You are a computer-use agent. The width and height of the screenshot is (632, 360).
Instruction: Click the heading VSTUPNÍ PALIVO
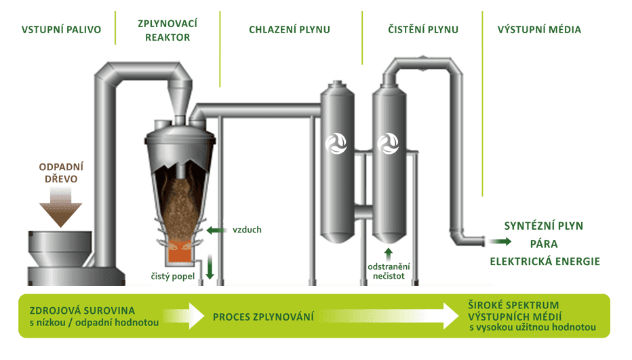point(61,30)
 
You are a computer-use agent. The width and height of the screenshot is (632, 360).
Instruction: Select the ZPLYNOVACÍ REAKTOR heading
point(167,30)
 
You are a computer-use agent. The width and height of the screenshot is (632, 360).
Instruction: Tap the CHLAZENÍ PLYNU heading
point(290,30)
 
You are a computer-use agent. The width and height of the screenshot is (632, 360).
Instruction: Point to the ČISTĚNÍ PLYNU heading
point(423,30)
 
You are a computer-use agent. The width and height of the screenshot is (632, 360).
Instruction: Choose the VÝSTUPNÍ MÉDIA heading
point(539,30)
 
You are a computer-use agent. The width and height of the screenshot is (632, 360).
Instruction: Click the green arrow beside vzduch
point(216,230)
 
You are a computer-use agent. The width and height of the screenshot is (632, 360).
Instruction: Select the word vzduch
point(247,230)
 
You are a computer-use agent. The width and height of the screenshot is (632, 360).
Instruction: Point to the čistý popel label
point(173,276)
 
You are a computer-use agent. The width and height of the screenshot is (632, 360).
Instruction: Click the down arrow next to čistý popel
point(210,267)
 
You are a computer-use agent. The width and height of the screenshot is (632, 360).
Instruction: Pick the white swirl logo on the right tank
point(388,143)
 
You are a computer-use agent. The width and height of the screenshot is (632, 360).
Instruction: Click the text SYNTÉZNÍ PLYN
point(543,226)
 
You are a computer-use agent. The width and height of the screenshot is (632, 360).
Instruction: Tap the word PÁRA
point(544,243)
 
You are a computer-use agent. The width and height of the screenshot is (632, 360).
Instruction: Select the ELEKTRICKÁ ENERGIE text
point(545,261)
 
